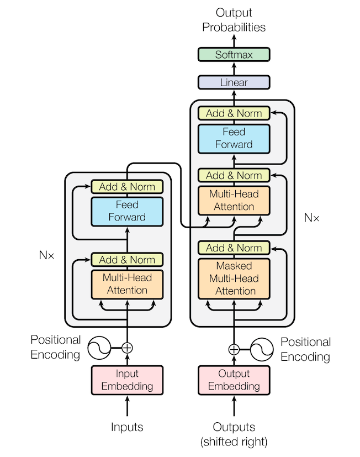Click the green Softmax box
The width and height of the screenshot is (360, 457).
234,55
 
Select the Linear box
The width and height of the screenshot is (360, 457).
234,82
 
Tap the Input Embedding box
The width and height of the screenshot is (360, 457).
127,380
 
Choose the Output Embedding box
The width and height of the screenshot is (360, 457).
234,380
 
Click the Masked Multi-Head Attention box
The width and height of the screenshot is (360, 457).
234,279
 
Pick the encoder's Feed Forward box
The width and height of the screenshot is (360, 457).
127,212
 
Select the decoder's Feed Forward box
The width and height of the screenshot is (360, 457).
234,139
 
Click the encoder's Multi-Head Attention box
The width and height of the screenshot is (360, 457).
127,285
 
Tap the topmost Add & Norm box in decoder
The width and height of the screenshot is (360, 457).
234,113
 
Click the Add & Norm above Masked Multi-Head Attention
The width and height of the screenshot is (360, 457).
234,248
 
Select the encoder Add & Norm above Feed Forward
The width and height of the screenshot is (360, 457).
127,187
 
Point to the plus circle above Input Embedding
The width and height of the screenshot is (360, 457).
127,348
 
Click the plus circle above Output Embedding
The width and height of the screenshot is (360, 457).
234,349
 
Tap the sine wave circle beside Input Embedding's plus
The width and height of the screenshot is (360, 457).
99,348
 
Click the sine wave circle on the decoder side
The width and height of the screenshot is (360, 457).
262,349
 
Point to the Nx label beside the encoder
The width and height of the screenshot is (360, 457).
46,255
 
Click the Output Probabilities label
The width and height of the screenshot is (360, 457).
234,20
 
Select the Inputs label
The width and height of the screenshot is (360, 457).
127,427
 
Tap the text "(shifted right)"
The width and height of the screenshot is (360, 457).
234,442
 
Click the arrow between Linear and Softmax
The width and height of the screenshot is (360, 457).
234,69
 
